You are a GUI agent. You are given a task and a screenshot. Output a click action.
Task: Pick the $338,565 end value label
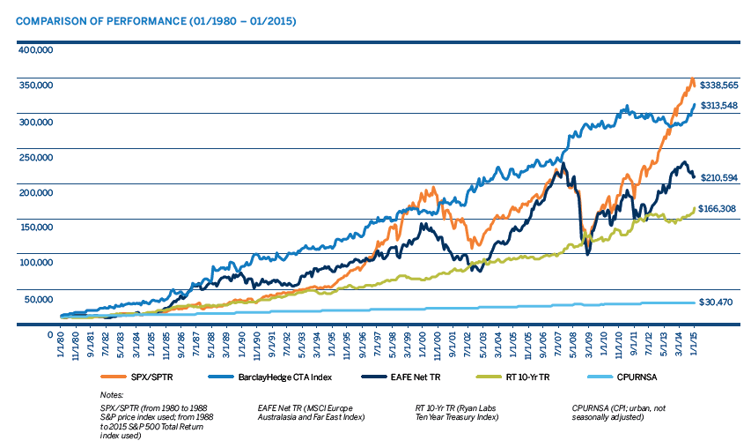[718, 86]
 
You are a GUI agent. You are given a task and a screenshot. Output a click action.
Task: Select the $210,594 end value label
[718, 178]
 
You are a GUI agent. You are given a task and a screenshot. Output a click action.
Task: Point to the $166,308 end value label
[718, 209]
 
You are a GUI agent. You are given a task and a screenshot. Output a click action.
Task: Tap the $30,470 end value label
[716, 302]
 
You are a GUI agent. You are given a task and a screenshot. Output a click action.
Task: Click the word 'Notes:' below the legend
[112, 395]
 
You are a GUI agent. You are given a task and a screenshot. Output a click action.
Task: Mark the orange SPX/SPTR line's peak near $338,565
[692, 79]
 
